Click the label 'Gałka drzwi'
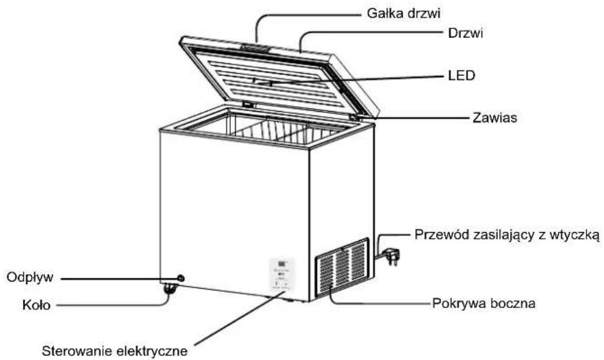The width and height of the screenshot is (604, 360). pyautogui.click(x=403, y=14)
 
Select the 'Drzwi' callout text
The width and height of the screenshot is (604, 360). pyautogui.click(x=465, y=34)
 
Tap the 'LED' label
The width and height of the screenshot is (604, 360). pyautogui.click(x=461, y=76)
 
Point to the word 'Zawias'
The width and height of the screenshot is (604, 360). pyautogui.click(x=494, y=118)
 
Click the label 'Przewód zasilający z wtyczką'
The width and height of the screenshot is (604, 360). pyautogui.click(x=507, y=235)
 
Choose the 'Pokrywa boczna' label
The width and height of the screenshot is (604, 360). pyautogui.click(x=484, y=303)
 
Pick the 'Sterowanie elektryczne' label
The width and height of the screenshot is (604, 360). pyautogui.click(x=115, y=351)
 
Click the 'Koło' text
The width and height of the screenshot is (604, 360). pyautogui.click(x=37, y=305)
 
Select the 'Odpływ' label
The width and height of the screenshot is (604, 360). pyautogui.click(x=30, y=277)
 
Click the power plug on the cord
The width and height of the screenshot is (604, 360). pyautogui.click(x=393, y=256)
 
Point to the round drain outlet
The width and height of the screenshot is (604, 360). pyautogui.click(x=180, y=278)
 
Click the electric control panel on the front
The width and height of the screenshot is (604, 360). pyautogui.click(x=281, y=275)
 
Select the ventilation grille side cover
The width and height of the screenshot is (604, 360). pyautogui.click(x=342, y=267)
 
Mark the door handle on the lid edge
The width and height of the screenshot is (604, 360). pyautogui.click(x=255, y=48)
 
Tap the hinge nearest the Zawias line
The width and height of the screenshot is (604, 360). pyautogui.click(x=354, y=116)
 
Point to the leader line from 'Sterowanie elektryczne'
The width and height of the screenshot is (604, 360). pyautogui.click(x=239, y=318)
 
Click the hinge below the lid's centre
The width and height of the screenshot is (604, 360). pyautogui.click(x=248, y=104)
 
